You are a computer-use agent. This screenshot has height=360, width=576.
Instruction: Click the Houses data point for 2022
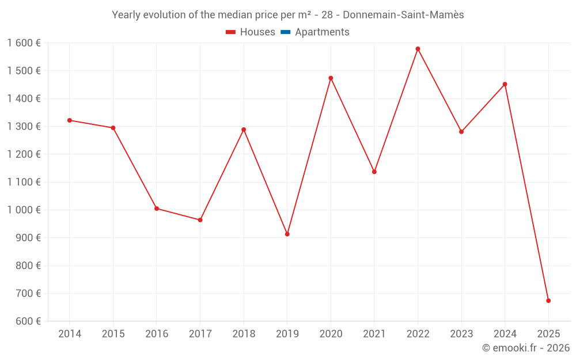coord(418,49)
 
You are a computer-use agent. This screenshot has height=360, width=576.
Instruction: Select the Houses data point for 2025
coord(548,301)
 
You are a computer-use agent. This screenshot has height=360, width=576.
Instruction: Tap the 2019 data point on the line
coord(287,234)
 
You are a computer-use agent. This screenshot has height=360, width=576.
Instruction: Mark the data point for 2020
coord(331,78)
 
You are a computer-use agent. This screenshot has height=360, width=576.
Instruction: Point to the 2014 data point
coord(70,120)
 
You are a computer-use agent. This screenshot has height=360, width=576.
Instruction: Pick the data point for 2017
coord(200,220)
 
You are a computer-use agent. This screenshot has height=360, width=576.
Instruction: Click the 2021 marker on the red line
coord(374,172)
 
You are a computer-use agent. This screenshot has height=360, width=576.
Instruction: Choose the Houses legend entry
coord(251,32)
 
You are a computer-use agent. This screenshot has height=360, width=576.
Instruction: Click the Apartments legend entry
coord(315,32)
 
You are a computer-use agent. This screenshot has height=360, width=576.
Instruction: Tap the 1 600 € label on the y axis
coord(24,43)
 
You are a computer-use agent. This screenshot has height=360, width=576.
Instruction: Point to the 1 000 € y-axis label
coord(24,210)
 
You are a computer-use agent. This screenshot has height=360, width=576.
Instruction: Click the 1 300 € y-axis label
coord(24,127)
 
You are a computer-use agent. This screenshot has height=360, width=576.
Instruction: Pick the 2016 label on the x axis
coord(157,334)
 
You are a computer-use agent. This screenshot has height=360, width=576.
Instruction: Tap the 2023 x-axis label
coord(461,334)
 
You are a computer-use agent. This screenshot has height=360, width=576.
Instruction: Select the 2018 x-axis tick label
coord(244,334)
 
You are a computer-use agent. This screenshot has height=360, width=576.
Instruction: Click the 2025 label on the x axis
coord(548,334)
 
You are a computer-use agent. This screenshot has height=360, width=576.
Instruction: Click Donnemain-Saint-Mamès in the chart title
coord(403,15)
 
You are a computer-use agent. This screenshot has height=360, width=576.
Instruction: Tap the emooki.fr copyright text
coord(526,348)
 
